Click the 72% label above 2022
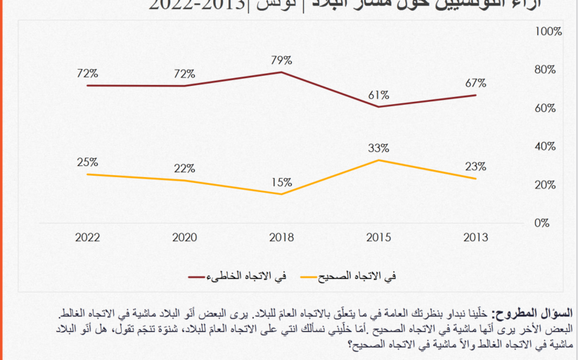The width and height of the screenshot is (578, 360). pos(88,73)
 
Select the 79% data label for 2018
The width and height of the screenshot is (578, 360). pos(281,59)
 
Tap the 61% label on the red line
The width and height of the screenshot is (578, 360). pos(378,95)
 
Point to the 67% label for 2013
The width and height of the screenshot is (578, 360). pos(475,83)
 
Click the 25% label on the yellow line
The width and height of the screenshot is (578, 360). pos(88,162)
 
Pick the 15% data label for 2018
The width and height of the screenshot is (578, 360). pos(281,182)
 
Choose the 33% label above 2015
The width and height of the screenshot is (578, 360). pos(378,148)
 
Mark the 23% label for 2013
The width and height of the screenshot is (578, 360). pos(475,167)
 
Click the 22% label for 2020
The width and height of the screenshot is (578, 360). pos(184,168)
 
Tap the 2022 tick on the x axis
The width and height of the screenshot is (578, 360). pos(88,238)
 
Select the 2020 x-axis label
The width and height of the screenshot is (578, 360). pos(184,238)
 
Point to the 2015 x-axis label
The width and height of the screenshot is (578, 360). pos(378,238)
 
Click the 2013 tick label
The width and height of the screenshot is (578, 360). pos(475,238)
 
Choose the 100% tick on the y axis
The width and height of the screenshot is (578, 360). pos(548,32)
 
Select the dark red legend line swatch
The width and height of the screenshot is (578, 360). pos(205,276)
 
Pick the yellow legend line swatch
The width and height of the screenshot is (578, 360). pos(316,276)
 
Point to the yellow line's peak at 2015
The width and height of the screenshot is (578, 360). pos(378,160)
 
